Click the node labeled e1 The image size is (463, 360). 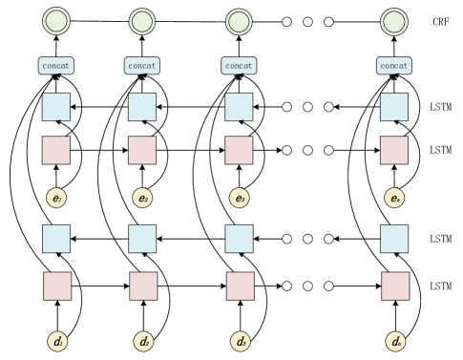click(x=56, y=199)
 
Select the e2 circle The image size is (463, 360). click(x=142, y=199)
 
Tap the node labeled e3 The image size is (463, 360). click(x=239, y=199)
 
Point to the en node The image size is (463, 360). click(x=393, y=199)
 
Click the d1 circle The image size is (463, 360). click(x=56, y=340)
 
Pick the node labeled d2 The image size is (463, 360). click(x=143, y=340)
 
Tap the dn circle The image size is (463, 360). click(x=394, y=340)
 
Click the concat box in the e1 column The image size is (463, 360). click(x=56, y=66)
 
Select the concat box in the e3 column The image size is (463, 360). click(x=239, y=66)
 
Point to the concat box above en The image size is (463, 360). click(x=393, y=66)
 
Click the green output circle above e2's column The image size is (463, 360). click(x=142, y=21)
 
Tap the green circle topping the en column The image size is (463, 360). click(x=393, y=21)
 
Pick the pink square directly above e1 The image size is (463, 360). click(x=56, y=151)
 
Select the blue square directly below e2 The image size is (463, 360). click(x=142, y=238)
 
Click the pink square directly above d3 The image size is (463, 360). click(x=240, y=286)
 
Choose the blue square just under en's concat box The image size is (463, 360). click(x=393, y=107)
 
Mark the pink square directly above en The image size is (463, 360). click(x=393, y=151)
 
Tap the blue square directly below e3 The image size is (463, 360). click(x=239, y=238)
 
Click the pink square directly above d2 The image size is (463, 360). click(x=143, y=286)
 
